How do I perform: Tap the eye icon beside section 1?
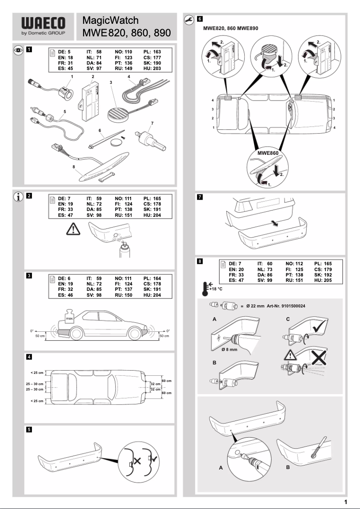click(18, 50)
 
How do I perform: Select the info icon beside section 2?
click(18, 197)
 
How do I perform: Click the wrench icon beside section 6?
click(189, 19)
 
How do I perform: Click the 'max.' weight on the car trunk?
click(69, 319)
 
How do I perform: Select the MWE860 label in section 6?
click(268, 153)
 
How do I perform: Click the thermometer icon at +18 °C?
click(205, 287)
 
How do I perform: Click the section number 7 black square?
click(200, 197)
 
